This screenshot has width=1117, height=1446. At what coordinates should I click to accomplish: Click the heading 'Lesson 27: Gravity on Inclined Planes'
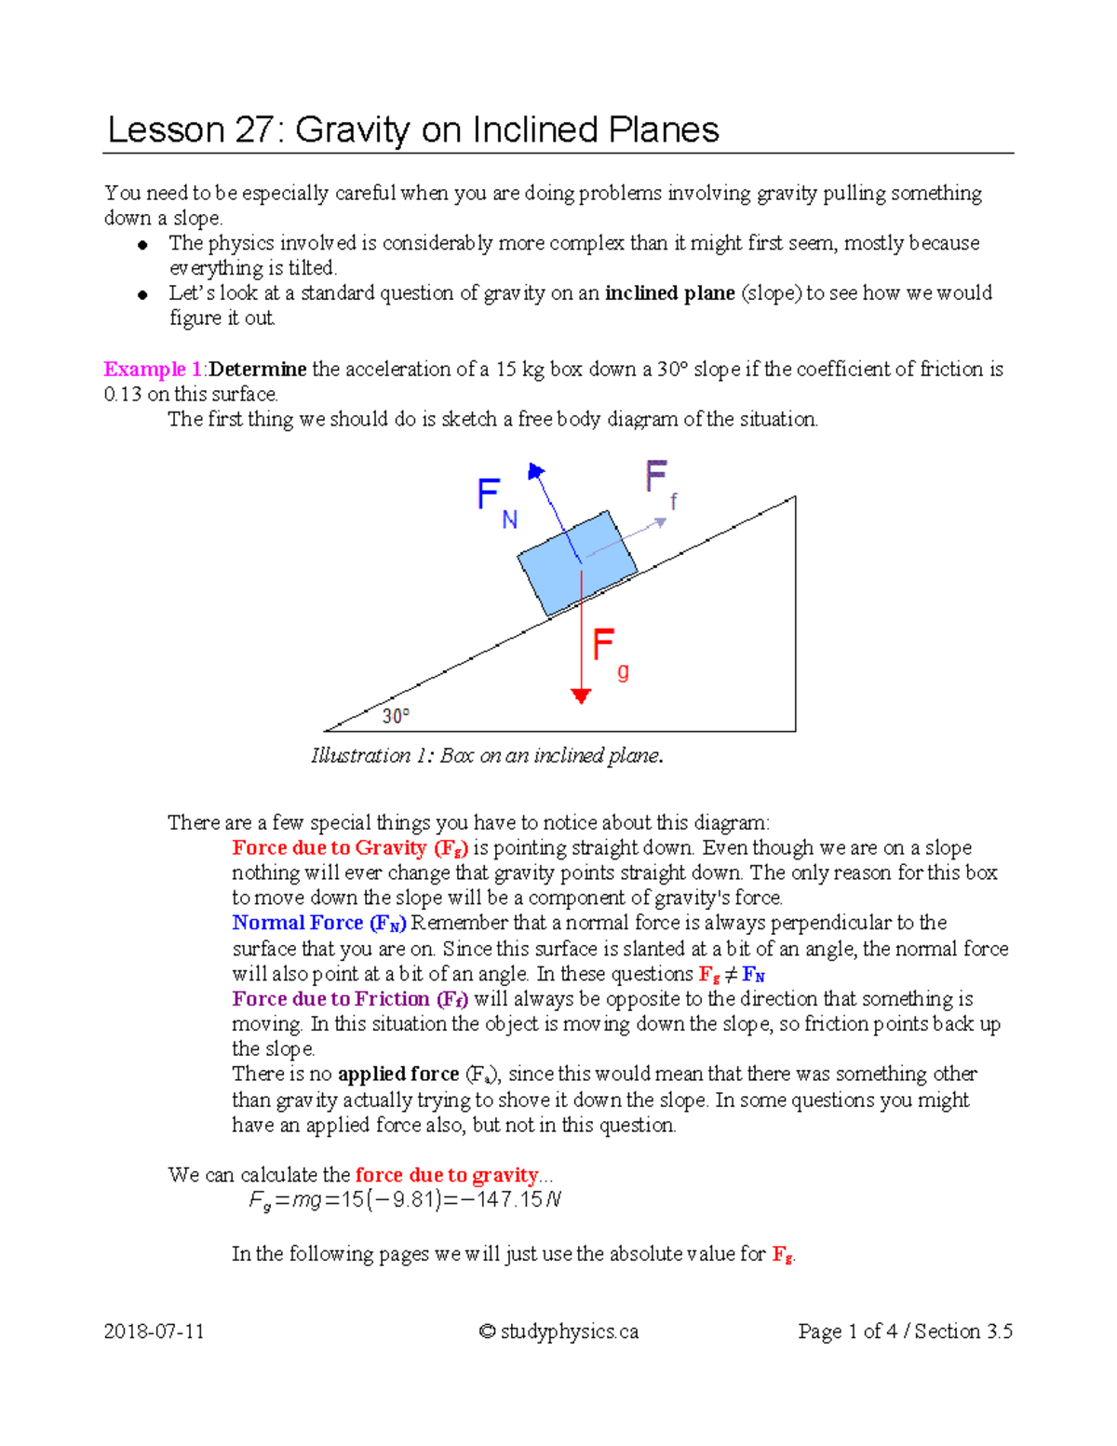pyautogui.click(x=413, y=129)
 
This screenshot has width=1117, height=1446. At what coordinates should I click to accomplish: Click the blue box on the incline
pyautogui.click(x=577, y=562)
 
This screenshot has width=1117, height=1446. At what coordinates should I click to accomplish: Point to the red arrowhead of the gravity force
pyautogui.click(x=581, y=696)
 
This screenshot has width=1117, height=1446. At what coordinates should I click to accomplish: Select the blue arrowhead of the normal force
pyautogui.click(x=536, y=471)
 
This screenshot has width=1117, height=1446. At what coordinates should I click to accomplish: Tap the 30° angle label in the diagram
pyautogui.click(x=396, y=716)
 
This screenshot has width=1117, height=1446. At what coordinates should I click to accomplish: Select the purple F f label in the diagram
pyautogui.click(x=660, y=483)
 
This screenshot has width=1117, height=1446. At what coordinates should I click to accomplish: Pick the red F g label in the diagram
pyautogui.click(x=610, y=652)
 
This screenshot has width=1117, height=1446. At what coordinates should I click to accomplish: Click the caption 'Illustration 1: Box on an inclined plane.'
pyautogui.click(x=487, y=755)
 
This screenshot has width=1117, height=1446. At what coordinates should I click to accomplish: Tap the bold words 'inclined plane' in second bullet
pyautogui.click(x=669, y=293)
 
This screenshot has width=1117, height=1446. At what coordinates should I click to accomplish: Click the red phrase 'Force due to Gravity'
pyautogui.click(x=330, y=848)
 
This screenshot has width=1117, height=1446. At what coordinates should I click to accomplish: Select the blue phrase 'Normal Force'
pyautogui.click(x=297, y=923)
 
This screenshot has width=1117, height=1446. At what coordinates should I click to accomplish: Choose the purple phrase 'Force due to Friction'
pyautogui.click(x=330, y=999)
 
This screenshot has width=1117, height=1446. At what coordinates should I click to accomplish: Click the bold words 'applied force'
pyautogui.click(x=398, y=1074)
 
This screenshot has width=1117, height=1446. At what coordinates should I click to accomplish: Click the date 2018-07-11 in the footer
pyautogui.click(x=154, y=1331)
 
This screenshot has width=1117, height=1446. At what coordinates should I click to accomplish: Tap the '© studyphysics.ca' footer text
pyautogui.click(x=558, y=1331)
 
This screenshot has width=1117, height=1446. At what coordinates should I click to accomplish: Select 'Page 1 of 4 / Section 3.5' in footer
pyautogui.click(x=905, y=1331)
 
